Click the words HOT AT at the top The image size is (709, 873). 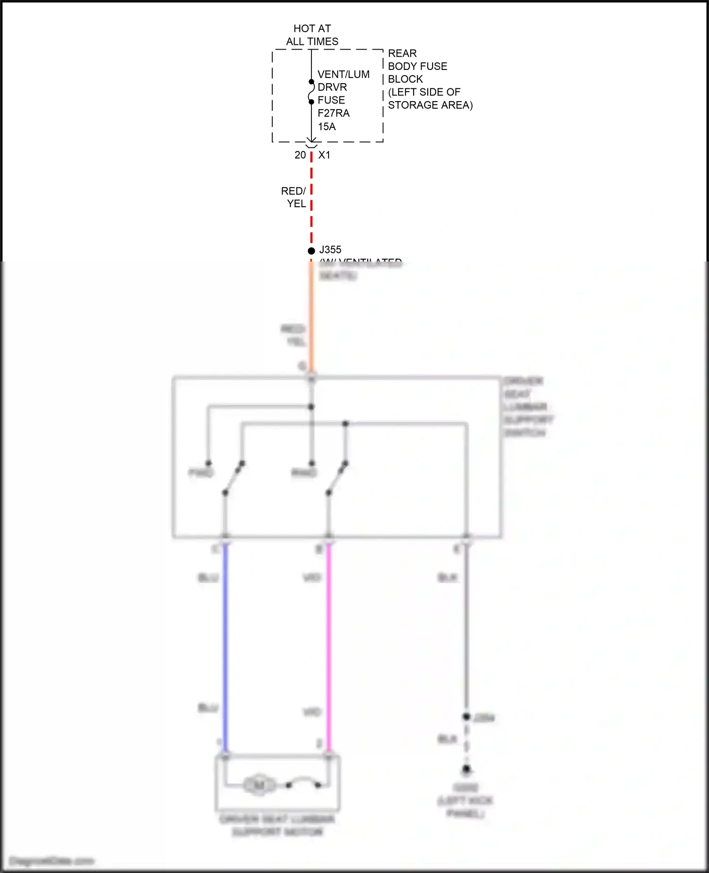tap(312, 29)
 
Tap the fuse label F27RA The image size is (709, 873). tap(334, 113)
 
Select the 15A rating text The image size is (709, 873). tap(327, 127)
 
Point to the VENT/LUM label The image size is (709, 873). tap(344, 74)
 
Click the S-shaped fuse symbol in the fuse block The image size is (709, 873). tap(311, 92)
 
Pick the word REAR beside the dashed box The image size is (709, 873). tap(402, 53)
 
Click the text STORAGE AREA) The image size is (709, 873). tap(430, 105)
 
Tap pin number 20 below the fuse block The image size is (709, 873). tap(300, 155)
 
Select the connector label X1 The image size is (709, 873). tap(324, 155)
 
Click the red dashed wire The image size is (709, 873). tap(311, 199)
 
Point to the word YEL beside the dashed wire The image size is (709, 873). tap(296, 204)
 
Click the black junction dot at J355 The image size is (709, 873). tap(311, 251)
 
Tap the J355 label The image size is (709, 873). tap(330, 250)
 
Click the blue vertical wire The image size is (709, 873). tap(225, 648)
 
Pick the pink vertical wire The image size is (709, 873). tap(329, 648)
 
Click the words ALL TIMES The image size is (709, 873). tap(312, 42)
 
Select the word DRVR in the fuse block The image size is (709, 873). tap(332, 87)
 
